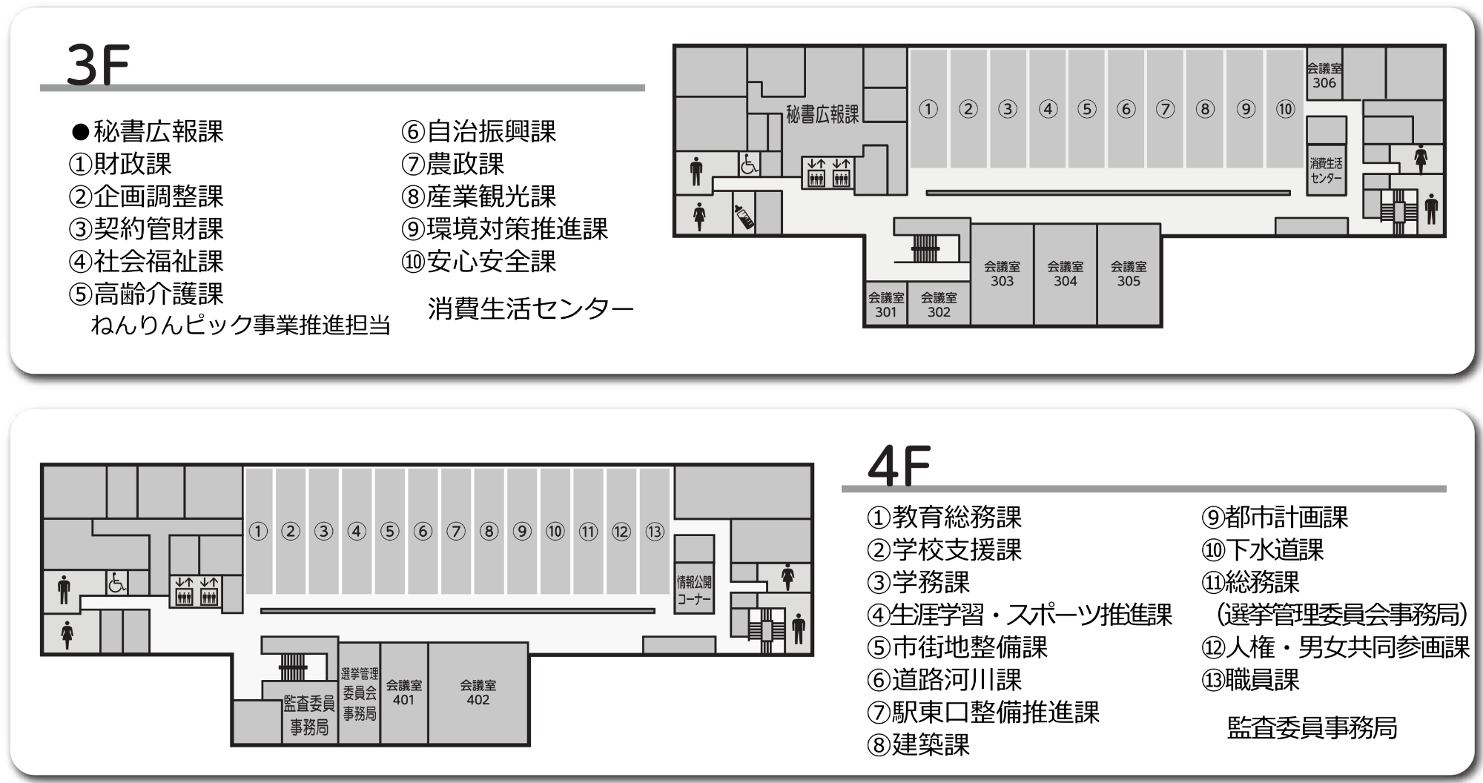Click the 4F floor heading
(x=898, y=466)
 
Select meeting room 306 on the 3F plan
(x=1324, y=76)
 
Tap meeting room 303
(x=1002, y=274)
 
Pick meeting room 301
(x=885, y=305)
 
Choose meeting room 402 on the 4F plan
(x=478, y=693)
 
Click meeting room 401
(x=403, y=693)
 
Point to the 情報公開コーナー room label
(x=693, y=591)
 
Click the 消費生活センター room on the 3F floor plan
(x=1326, y=171)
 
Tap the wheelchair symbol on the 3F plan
(x=748, y=165)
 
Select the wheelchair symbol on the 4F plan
(x=116, y=583)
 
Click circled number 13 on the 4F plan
(x=654, y=532)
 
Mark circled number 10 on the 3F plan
(x=1285, y=110)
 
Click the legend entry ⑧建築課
(x=918, y=744)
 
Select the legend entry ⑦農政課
(x=453, y=164)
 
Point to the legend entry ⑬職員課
(x=1250, y=680)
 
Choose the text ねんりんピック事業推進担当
(x=240, y=325)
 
